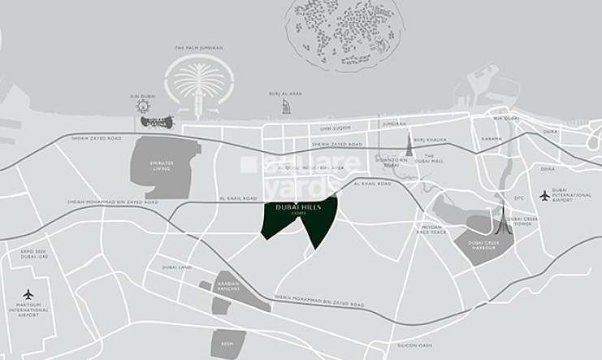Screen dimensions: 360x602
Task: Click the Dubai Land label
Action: [177, 267]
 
